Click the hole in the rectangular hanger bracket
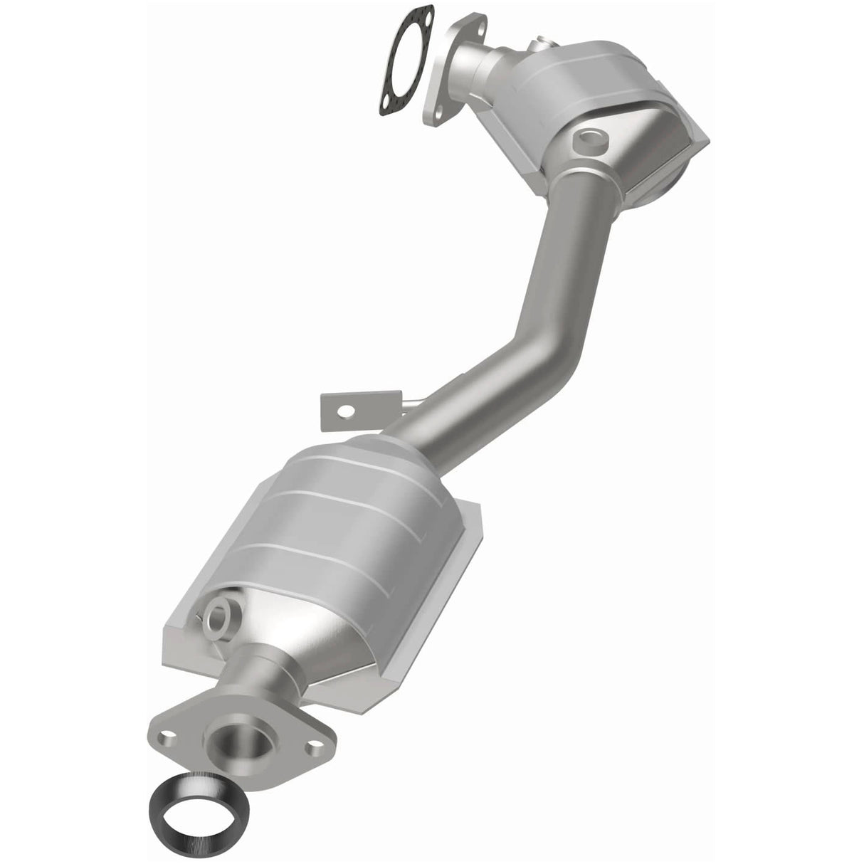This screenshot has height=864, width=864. tap(347, 410)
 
